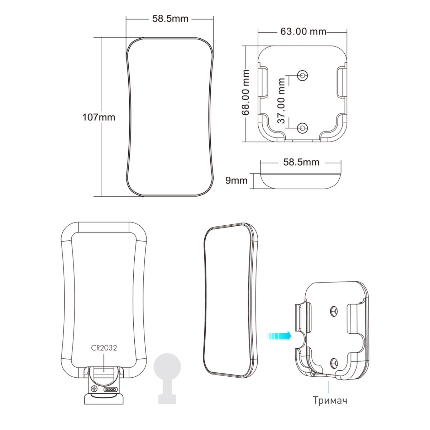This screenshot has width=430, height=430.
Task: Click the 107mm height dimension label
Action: click(99, 117)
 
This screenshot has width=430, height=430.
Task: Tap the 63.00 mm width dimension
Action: click(303, 32)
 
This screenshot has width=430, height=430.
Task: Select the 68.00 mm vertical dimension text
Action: click(245, 92)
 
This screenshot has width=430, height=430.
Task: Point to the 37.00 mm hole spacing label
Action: click(281, 101)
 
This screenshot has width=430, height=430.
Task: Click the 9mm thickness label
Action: click(236, 181)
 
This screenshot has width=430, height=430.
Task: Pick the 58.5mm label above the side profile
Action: click(301, 162)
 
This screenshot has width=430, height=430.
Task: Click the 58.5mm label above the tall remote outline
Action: click(170, 19)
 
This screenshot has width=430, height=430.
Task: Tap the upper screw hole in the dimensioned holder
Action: click(302, 75)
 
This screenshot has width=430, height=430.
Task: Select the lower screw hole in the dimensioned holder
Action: click(302, 128)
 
